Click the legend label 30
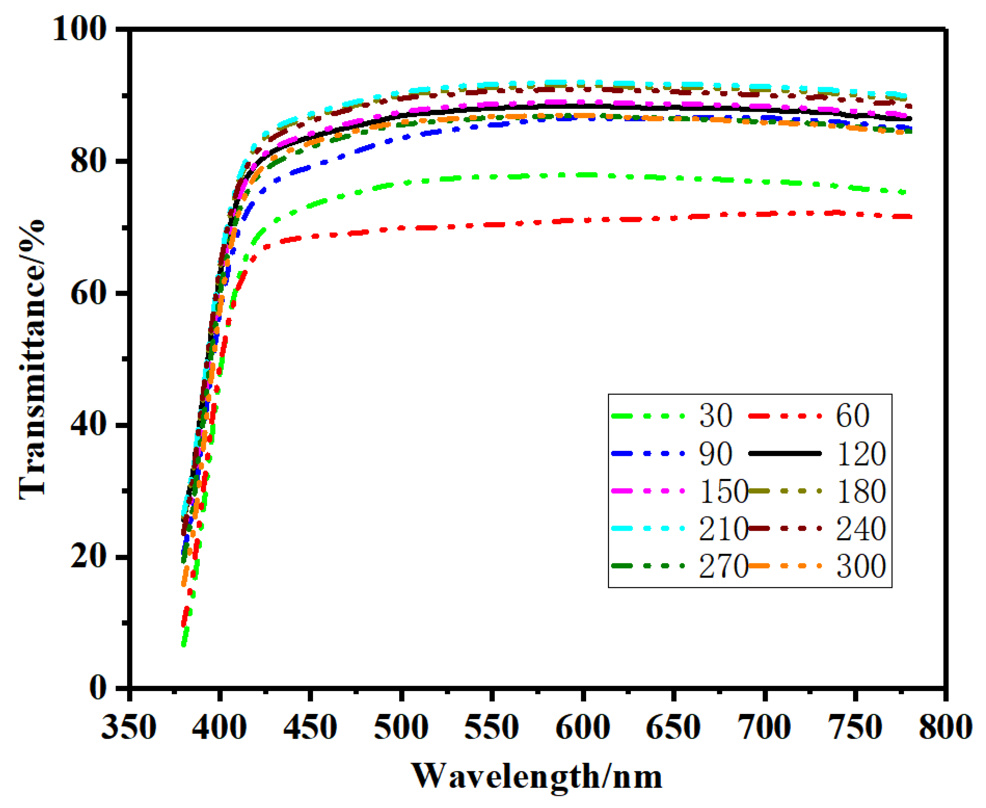[x=715, y=415]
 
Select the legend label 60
[x=852, y=415]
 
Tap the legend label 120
[x=861, y=454]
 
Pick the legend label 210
[x=723, y=529]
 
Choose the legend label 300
[x=861, y=567]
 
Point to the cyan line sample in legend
[x=648, y=528]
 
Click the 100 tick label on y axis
[x=79, y=29]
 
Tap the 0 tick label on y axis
[x=98, y=687]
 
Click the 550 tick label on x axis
[x=491, y=727]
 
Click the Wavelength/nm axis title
[x=536, y=776]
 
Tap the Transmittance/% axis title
[x=33, y=358]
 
